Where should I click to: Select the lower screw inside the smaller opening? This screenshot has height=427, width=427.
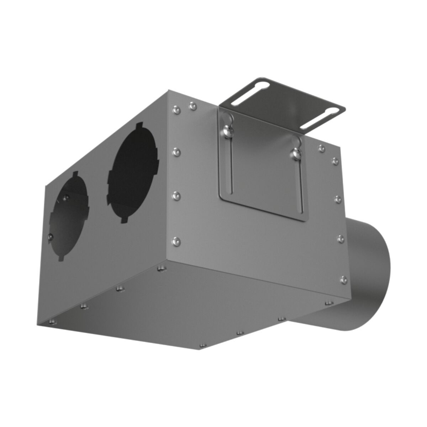coord(51,235)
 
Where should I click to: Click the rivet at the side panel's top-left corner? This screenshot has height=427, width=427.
coord(175,107)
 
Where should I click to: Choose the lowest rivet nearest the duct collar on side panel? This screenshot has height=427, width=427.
coord(343,279)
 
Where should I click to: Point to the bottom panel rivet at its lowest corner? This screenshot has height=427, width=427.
coord(203,346)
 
